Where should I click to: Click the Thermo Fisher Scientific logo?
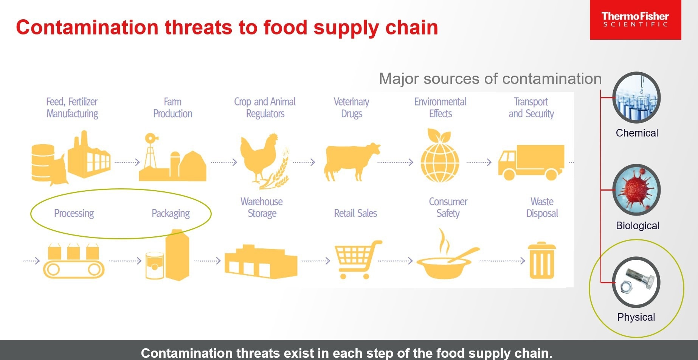(x=635, y=20)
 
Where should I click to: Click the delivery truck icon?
(x=531, y=162)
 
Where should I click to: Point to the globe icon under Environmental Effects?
(x=440, y=155)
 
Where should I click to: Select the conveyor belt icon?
(x=74, y=261)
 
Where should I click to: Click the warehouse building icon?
(x=261, y=262)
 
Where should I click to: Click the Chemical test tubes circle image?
(x=636, y=98)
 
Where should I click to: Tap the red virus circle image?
(x=636, y=190)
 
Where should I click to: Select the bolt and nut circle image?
(x=636, y=282)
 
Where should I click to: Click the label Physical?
(x=636, y=317)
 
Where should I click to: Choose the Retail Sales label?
(x=355, y=213)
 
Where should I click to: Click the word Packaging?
(x=171, y=214)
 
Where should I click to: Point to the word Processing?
(x=74, y=214)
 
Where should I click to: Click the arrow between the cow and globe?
(x=395, y=163)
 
